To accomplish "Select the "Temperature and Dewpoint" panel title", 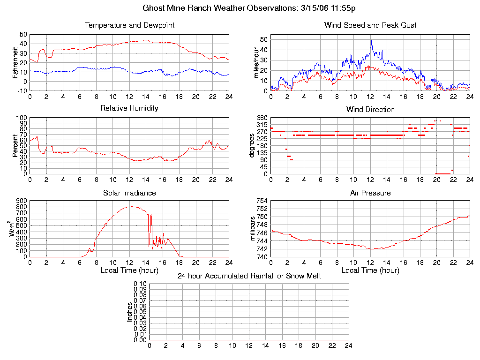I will click(x=129, y=25).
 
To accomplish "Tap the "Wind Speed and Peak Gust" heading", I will click(x=370, y=25).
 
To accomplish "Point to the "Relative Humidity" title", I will click(x=129, y=108).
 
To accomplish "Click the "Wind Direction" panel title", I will click(x=370, y=109).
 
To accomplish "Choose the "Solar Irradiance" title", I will click(x=129, y=193).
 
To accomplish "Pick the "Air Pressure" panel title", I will click(x=370, y=193).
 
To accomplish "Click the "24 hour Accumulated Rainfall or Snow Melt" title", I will click(x=249, y=276).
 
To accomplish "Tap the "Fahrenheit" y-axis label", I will click(x=15, y=62).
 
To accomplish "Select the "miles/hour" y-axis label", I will click(x=256, y=62).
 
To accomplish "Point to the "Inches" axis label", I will click(x=130, y=312).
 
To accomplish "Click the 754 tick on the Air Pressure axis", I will click(x=262, y=201).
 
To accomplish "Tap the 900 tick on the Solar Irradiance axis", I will click(x=21, y=201).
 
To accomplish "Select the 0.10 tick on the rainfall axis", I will click(x=140, y=284).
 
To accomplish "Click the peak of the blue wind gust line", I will click(x=372, y=40).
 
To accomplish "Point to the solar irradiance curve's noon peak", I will click(x=131, y=206).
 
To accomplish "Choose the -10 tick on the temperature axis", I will click(x=22, y=90).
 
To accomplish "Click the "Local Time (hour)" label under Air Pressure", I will click(x=370, y=270).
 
